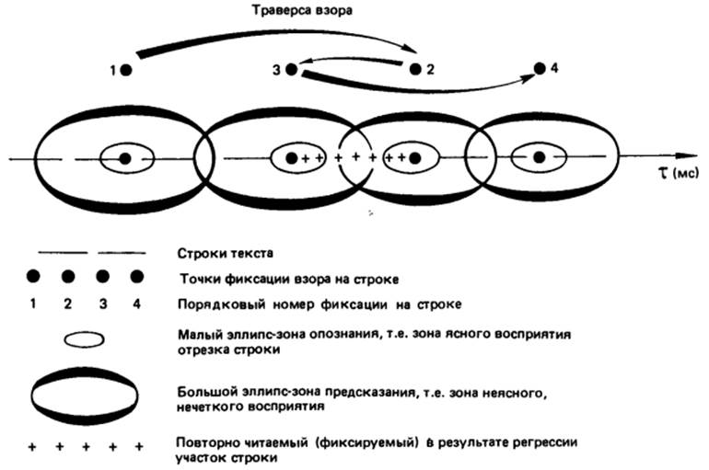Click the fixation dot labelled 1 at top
[126, 69]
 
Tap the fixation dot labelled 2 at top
[415, 69]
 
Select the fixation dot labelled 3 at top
[291, 69]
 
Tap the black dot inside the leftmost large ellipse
[125, 158]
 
